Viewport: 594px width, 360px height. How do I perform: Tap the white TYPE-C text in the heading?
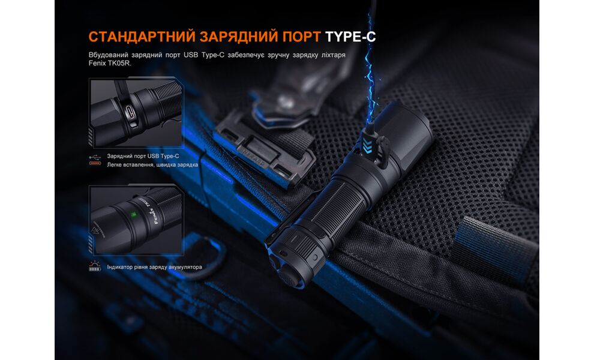pyautogui.click(x=350, y=36)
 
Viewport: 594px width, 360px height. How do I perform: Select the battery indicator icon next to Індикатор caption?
pyautogui.click(x=95, y=266)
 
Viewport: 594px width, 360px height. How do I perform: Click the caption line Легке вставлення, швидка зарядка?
pyautogui.click(x=152, y=164)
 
